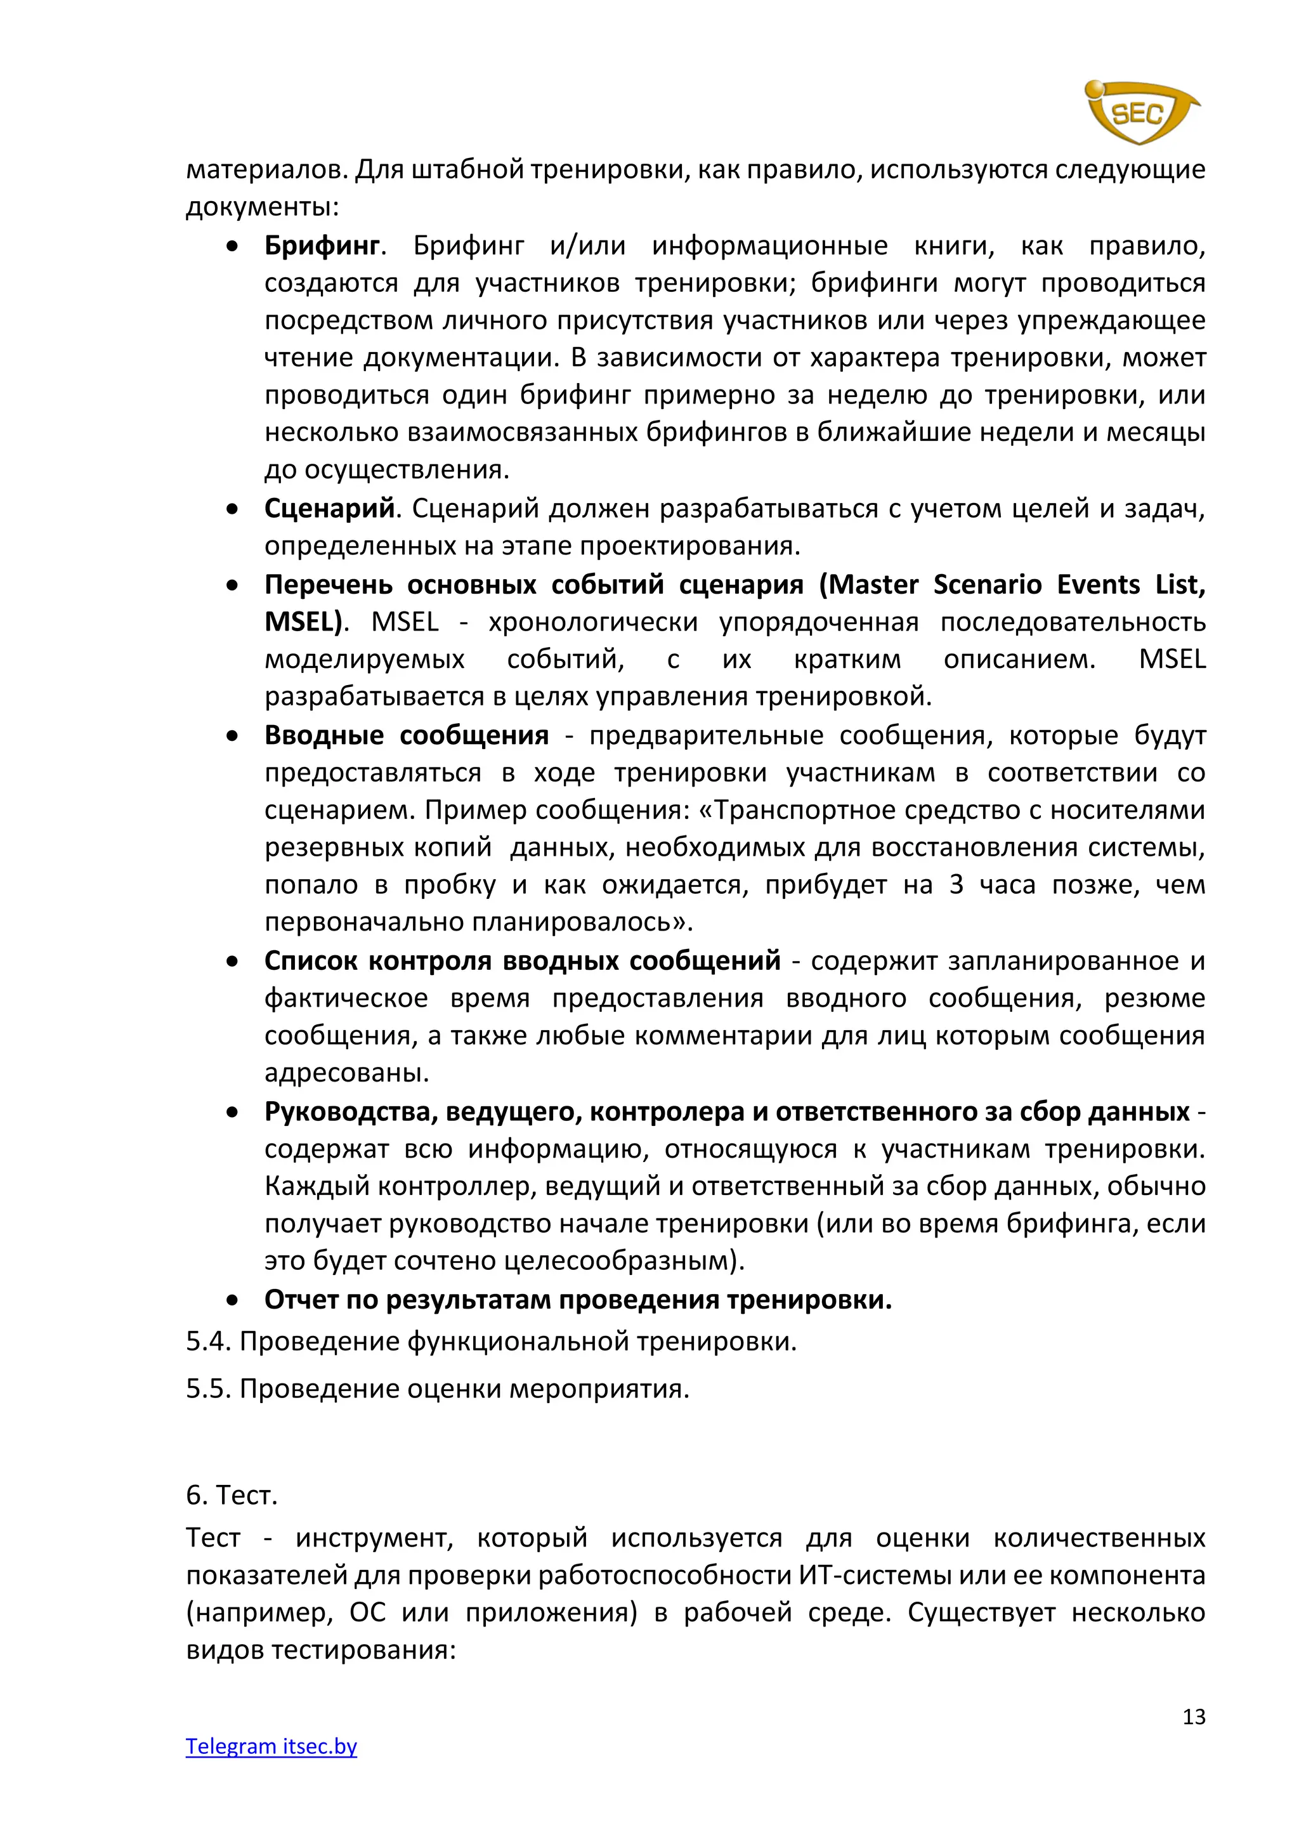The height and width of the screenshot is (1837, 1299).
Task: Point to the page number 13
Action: (1194, 1716)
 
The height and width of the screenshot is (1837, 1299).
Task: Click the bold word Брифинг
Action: (322, 245)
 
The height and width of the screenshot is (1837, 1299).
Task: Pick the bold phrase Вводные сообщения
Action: (407, 735)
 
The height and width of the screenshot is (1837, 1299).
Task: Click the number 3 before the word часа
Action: (956, 885)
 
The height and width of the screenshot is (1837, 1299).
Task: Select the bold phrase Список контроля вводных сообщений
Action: (522, 960)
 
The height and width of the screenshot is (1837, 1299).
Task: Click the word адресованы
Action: (346, 1073)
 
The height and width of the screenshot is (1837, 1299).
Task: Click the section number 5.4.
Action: (208, 1342)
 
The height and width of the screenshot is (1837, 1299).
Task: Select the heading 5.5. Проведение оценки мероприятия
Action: (438, 1388)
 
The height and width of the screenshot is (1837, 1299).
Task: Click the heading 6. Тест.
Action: (231, 1494)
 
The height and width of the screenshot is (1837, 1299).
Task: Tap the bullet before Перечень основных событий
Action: (232, 585)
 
